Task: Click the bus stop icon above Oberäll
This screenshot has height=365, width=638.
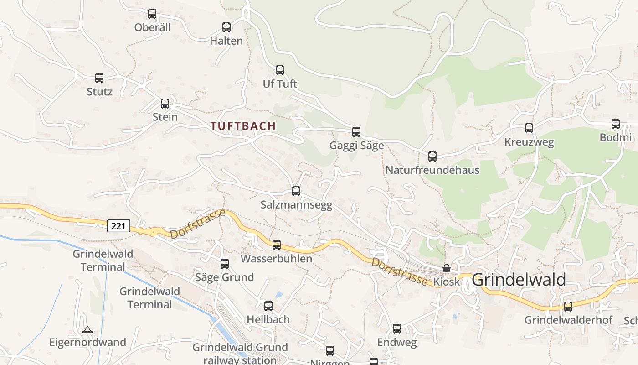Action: [152, 14]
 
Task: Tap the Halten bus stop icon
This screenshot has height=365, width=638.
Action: [226, 27]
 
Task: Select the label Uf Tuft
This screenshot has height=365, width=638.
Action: [280, 84]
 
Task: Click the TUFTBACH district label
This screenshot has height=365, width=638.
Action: [243, 126]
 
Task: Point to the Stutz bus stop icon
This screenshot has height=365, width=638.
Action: [99, 78]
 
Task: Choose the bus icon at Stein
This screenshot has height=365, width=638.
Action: [165, 104]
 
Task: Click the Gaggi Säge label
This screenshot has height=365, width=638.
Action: [356, 146]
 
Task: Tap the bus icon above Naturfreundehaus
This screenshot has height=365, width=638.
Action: [432, 156]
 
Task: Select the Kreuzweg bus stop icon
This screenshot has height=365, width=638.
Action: [529, 128]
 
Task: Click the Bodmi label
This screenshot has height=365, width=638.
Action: [615, 138]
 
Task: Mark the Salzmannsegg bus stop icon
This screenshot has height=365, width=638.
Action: [296, 191]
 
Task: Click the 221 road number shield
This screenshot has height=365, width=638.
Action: [119, 225]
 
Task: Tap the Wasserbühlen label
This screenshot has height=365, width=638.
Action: [276, 259]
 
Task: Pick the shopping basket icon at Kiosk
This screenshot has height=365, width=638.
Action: [447, 268]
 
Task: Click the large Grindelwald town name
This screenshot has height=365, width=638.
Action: [519, 279]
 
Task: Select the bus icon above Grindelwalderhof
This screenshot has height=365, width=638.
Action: [568, 306]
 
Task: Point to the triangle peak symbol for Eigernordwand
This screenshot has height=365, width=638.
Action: [87, 329]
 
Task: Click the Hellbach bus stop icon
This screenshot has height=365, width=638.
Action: [268, 306]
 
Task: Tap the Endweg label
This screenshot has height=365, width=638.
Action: [396, 343]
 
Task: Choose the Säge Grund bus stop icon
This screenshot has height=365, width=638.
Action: [225, 263]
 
